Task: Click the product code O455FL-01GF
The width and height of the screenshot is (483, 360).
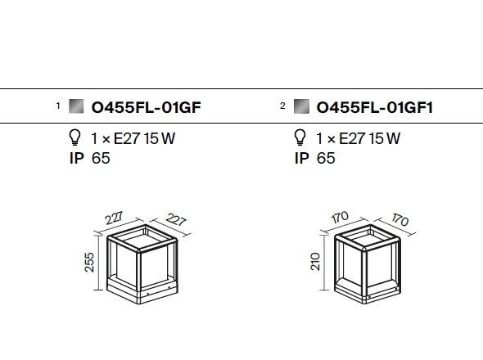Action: (x=146, y=107)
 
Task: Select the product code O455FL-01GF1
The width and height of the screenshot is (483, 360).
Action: (x=375, y=107)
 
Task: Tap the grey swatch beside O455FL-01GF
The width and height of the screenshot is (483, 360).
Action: (x=76, y=106)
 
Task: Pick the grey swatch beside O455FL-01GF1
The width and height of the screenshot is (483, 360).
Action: (x=301, y=106)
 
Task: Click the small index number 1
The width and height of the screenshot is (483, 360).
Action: (x=58, y=106)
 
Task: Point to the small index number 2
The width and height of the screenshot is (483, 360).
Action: (x=282, y=106)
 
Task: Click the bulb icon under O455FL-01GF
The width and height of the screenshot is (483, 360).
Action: (x=74, y=137)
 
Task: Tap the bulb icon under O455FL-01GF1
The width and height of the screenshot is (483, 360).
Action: (x=300, y=137)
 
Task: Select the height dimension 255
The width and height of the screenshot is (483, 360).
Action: (x=89, y=262)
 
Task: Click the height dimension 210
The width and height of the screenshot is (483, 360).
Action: (x=315, y=262)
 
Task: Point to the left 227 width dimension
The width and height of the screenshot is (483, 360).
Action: (x=114, y=218)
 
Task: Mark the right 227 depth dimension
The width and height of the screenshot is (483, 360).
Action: (x=176, y=219)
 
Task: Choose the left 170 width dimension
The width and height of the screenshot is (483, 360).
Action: (x=340, y=217)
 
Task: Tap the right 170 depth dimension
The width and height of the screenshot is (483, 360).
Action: (x=400, y=219)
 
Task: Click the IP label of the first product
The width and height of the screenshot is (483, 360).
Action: (x=77, y=158)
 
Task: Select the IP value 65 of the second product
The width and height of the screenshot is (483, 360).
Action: (x=326, y=158)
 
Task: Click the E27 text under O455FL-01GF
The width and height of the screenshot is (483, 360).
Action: (x=127, y=138)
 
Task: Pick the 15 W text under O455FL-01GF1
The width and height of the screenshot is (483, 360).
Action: (x=385, y=138)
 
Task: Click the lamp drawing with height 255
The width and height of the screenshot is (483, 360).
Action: (x=142, y=264)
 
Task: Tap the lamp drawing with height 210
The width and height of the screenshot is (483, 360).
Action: (x=368, y=264)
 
